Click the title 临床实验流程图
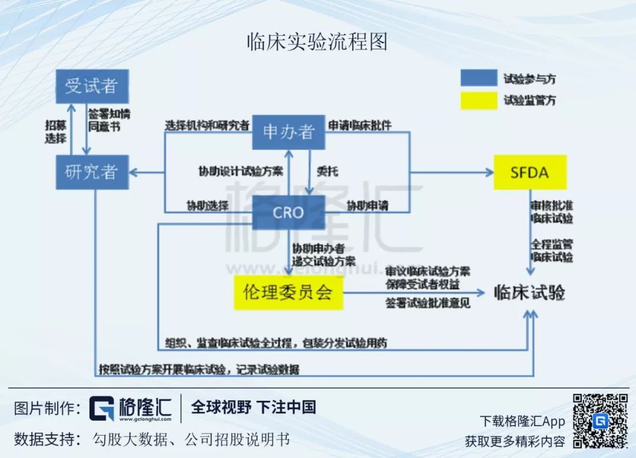(x=317, y=42)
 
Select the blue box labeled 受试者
(x=91, y=86)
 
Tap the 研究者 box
(x=91, y=172)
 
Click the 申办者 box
(x=289, y=132)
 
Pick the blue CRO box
(x=289, y=212)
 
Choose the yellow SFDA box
(x=529, y=172)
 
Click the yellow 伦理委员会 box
(x=288, y=292)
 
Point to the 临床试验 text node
(x=529, y=292)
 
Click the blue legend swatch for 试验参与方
(x=479, y=78)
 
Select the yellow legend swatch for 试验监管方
(x=479, y=100)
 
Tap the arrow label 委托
(x=327, y=172)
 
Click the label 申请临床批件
(x=360, y=125)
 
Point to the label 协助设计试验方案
(x=240, y=172)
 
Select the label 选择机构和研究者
(x=207, y=125)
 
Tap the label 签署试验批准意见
(x=428, y=304)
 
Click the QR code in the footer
(x=600, y=421)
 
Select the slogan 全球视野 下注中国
(x=254, y=407)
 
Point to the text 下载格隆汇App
(x=522, y=421)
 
